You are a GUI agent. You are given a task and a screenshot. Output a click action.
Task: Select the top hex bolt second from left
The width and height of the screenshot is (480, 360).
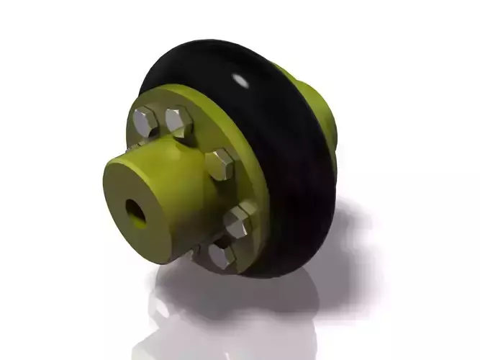coord(178,120)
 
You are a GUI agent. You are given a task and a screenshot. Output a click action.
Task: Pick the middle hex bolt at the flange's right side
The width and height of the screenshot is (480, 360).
coord(219,165)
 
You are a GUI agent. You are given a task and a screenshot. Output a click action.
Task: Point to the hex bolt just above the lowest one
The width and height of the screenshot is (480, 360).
coord(238,220)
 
